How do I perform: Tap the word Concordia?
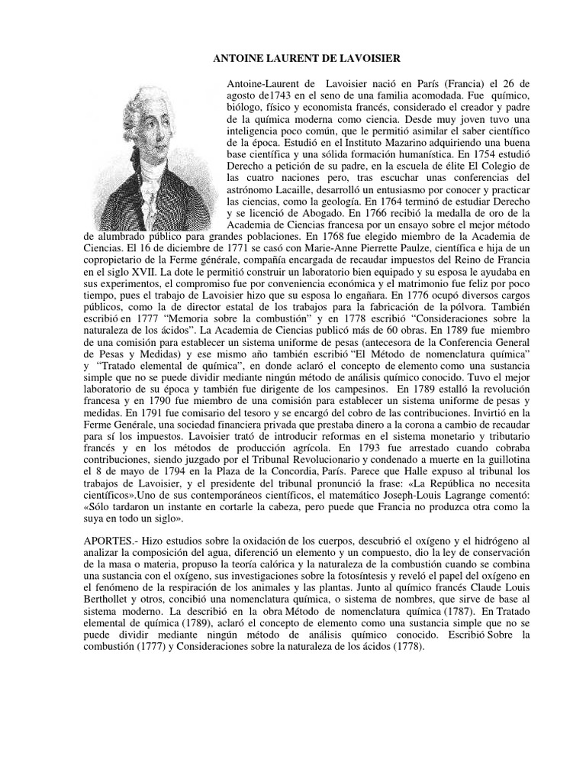click(300, 484)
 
